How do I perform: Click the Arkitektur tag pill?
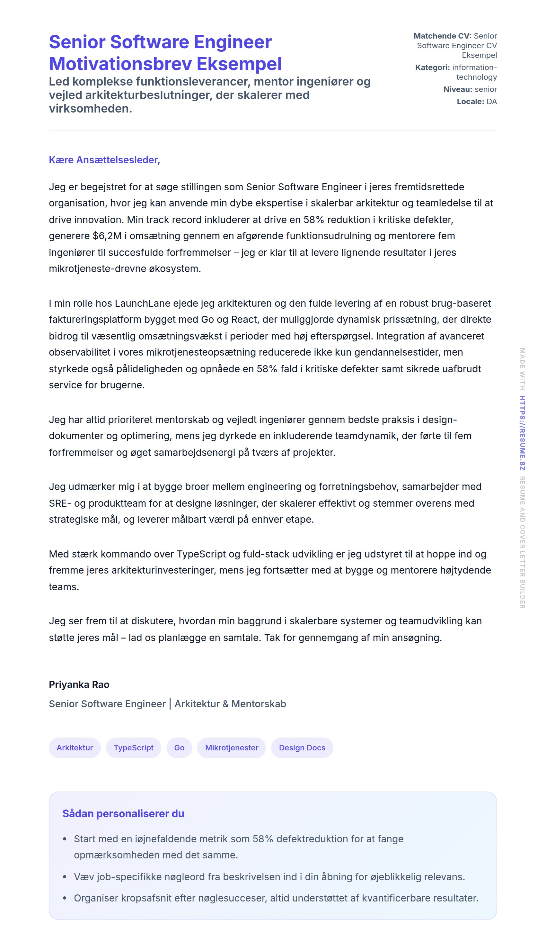[75, 747]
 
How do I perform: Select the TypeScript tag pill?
[134, 747]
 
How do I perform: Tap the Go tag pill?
[179, 747]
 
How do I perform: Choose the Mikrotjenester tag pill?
[231, 747]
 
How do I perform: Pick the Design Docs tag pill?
[302, 747]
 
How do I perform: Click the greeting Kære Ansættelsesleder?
[104, 160]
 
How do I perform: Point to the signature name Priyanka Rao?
[79, 684]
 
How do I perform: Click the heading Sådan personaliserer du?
[123, 814]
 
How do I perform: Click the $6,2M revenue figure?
[107, 236]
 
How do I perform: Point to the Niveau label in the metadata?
[457, 89]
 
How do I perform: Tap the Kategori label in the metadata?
[432, 68]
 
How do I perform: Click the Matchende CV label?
[442, 36]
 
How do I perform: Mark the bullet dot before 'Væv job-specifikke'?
[65, 877]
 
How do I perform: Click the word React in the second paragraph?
[244, 320]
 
